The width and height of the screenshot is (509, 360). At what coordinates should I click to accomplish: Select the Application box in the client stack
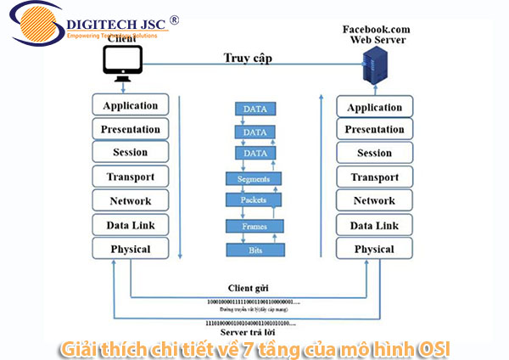click(130, 105)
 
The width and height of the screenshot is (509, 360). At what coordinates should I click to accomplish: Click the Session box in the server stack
click(374, 153)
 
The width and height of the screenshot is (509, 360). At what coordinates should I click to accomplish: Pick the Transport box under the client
click(130, 177)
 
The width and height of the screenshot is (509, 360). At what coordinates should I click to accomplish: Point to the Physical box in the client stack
click(130, 249)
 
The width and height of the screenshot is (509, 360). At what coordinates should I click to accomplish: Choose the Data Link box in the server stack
click(374, 225)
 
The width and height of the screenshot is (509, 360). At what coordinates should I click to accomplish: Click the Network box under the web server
click(374, 200)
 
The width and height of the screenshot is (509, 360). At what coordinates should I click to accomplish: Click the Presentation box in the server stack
click(374, 130)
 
